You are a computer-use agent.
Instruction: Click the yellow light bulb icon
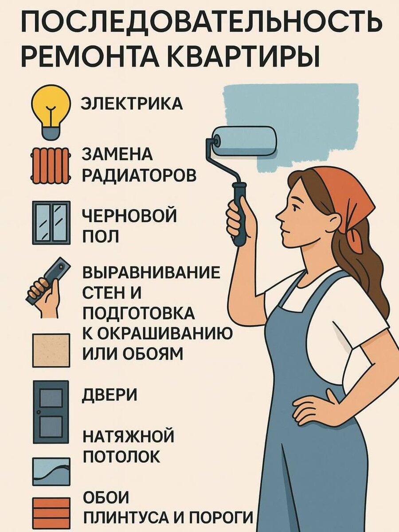click(51, 112)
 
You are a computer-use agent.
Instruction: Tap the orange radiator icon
click(51, 165)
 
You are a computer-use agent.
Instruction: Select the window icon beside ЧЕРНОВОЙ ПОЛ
click(51, 223)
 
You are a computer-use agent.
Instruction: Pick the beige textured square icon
click(51, 350)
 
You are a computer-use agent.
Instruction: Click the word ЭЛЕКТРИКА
click(132, 103)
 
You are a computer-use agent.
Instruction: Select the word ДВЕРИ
click(110, 395)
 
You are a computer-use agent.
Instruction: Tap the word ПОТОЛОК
click(121, 456)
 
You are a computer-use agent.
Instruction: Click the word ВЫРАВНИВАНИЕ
click(152, 272)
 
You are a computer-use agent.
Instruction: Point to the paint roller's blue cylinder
click(244, 141)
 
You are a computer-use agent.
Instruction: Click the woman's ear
click(337, 221)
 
